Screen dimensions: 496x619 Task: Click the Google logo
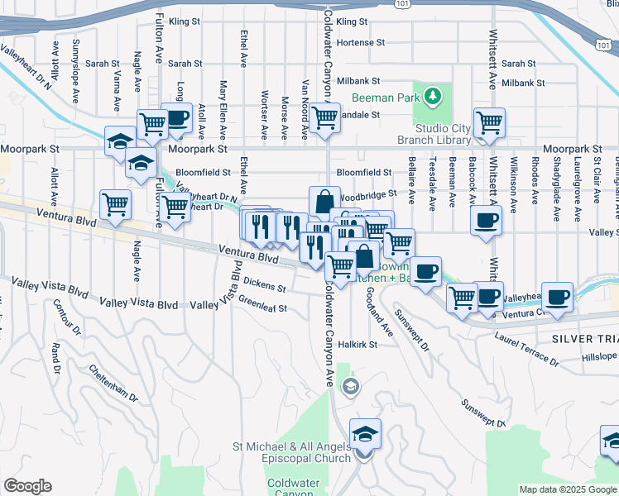tap(26, 486)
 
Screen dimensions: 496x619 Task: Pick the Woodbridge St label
tap(368, 197)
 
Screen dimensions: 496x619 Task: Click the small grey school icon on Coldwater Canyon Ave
tap(351, 386)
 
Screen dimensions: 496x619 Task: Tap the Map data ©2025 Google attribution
tap(568, 489)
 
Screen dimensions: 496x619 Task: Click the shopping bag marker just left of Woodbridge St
tap(324, 200)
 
